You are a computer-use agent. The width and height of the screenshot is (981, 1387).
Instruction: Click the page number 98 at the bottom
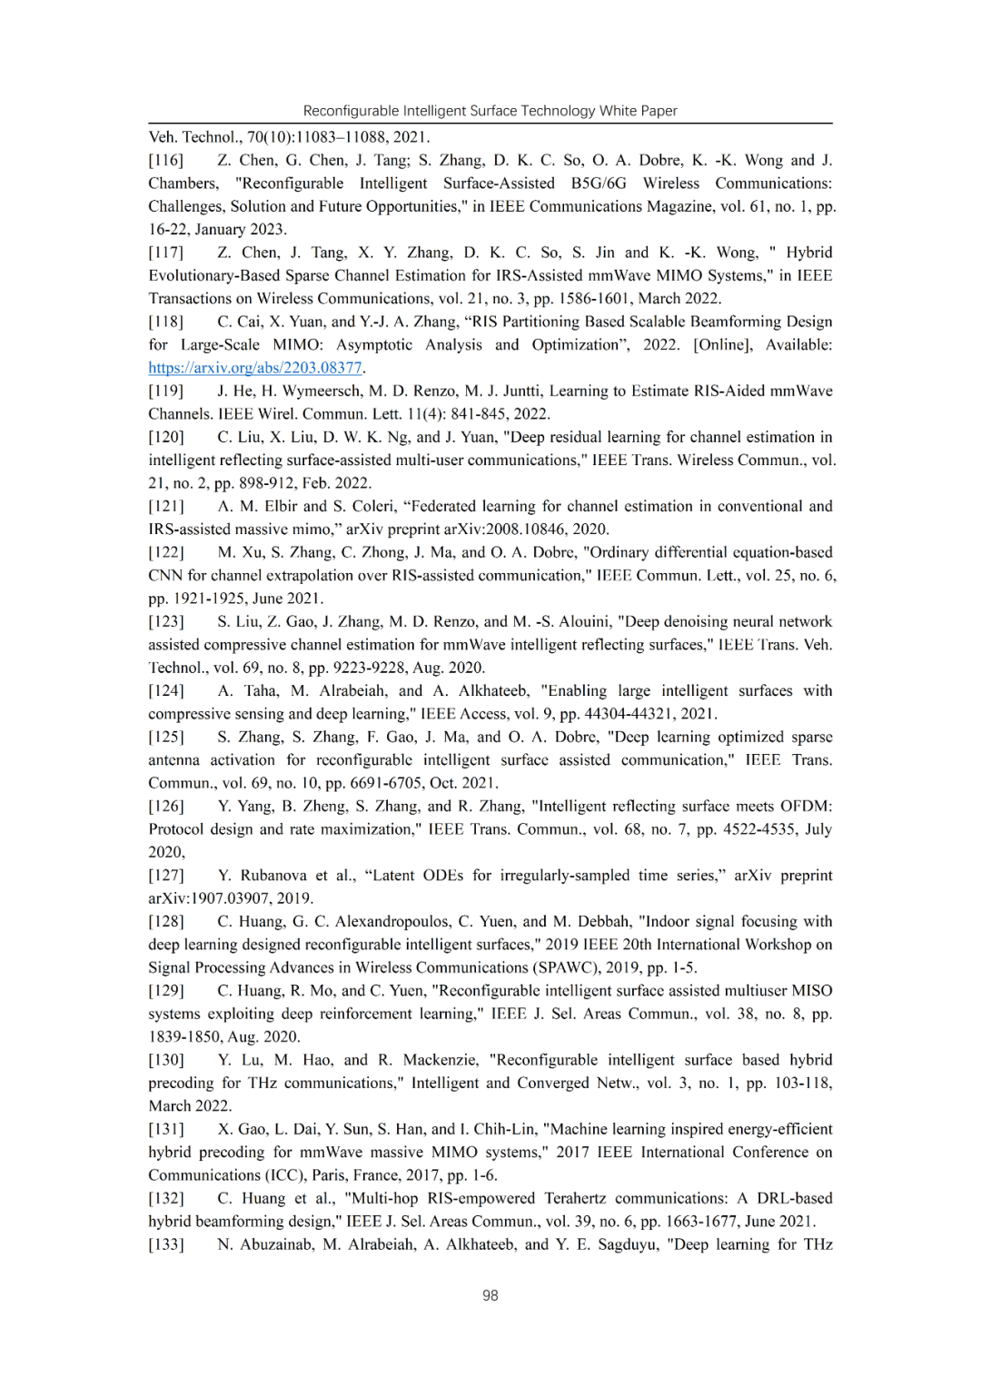[x=490, y=1295]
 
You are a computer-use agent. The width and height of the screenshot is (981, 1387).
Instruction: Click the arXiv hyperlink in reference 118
[x=255, y=368]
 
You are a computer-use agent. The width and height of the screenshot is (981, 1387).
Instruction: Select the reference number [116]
[x=166, y=161]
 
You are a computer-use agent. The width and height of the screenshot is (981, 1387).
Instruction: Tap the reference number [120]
[x=166, y=437]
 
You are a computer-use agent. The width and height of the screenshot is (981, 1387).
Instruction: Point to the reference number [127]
[x=166, y=876]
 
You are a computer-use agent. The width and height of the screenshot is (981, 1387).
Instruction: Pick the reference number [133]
[x=166, y=1244]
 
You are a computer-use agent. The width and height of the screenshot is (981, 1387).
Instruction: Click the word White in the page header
[x=618, y=111]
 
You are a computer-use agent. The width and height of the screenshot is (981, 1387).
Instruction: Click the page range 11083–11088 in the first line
[x=344, y=137]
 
